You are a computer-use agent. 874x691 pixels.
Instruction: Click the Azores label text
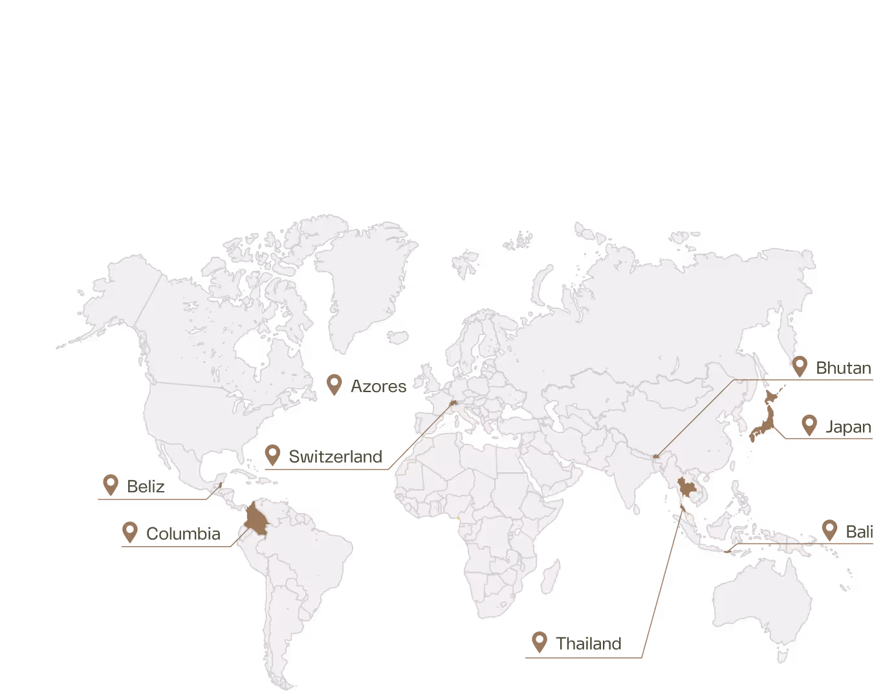(x=378, y=387)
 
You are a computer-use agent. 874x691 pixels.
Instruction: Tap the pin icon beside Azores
(x=334, y=384)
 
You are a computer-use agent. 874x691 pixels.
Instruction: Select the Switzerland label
(x=335, y=457)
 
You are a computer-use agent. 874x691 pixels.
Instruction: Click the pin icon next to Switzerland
(x=272, y=455)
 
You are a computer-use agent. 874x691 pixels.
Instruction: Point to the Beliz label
(x=146, y=487)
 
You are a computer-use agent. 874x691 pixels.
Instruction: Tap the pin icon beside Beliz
(x=111, y=485)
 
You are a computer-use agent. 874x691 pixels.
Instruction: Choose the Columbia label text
(x=183, y=534)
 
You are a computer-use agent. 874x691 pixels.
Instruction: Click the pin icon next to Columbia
(x=130, y=532)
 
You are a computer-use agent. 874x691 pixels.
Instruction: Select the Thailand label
(x=589, y=644)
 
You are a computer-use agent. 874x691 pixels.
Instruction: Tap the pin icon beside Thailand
(x=539, y=642)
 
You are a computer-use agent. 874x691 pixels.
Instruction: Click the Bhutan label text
(x=844, y=368)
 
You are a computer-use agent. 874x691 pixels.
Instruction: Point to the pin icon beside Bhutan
(x=800, y=366)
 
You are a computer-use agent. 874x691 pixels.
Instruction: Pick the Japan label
(x=848, y=427)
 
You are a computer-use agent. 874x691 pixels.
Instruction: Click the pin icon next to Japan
(x=809, y=425)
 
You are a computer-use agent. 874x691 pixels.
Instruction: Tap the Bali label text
(x=859, y=532)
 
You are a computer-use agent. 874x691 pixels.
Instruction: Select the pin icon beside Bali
(x=829, y=530)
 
